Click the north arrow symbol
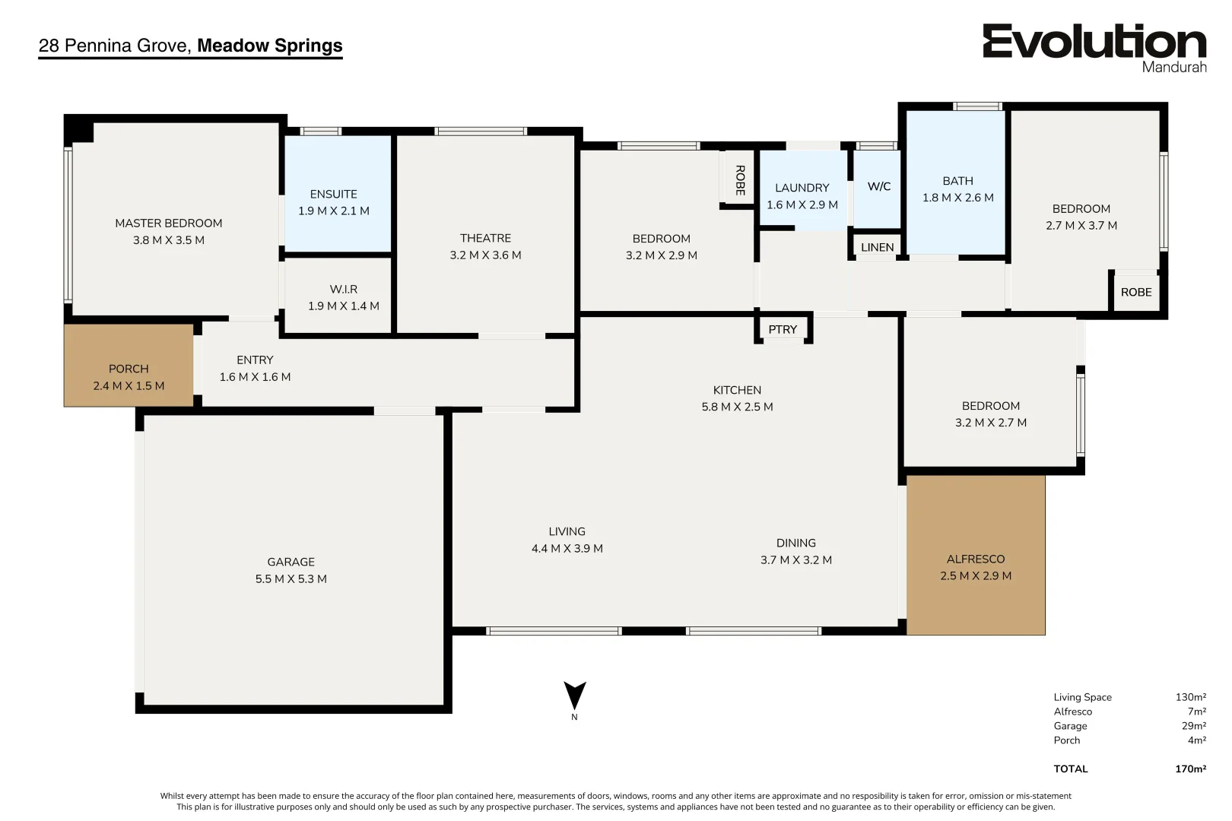[x=575, y=695]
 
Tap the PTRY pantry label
[x=783, y=329]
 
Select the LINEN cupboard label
[x=878, y=248]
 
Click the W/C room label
[x=879, y=186]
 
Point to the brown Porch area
[x=129, y=366]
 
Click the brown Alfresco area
[x=976, y=556]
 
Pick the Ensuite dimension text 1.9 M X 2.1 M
[x=334, y=211]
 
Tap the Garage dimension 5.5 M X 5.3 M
[x=291, y=579]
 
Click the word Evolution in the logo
[x=1094, y=41]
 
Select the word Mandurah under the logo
[x=1174, y=67]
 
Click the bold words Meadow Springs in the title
[x=270, y=45]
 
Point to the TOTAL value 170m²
[x=1191, y=769]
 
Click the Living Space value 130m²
[x=1191, y=697]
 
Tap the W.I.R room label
[x=344, y=289]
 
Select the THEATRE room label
[x=486, y=238]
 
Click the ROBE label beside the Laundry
[x=740, y=180]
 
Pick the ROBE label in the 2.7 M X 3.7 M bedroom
[x=1136, y=292]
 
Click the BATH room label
[x=957, y=181]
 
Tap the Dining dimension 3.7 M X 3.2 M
[x=795, y=559]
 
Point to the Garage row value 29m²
[x=1194, y=726]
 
